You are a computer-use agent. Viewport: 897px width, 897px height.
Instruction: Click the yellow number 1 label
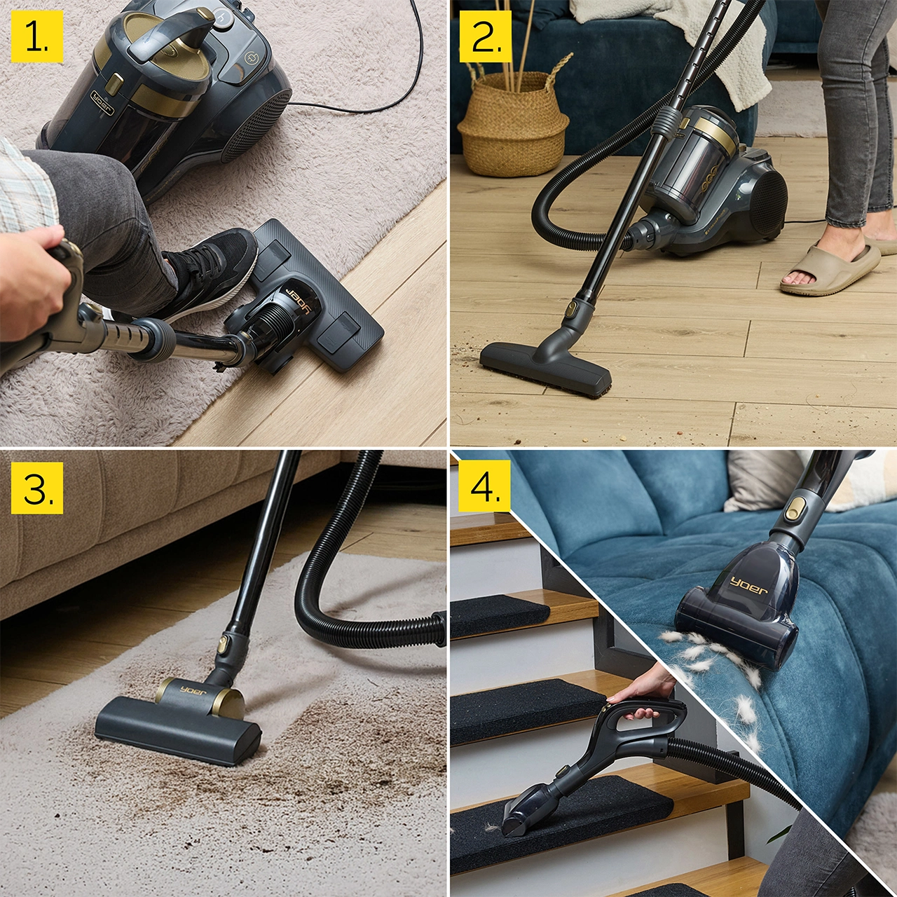pos(36,36)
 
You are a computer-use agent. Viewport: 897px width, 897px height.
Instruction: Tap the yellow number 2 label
pos(486,36)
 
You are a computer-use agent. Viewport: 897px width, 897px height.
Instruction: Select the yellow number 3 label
pos(36,487)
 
